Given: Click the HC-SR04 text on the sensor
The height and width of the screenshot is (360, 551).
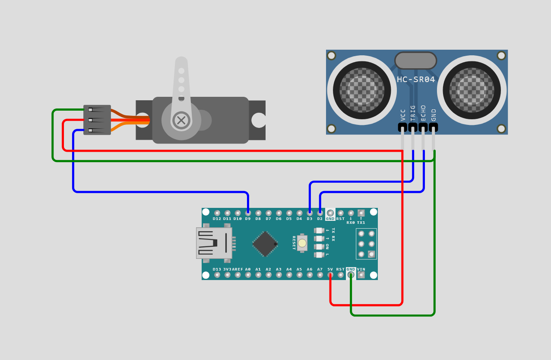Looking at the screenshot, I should coord(416,80).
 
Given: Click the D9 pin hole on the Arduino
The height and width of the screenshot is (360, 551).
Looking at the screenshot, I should coord(248,213).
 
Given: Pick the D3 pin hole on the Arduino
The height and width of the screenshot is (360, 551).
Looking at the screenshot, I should coord(310,213).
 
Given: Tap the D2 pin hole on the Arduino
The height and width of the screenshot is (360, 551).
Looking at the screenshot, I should coord(320,213).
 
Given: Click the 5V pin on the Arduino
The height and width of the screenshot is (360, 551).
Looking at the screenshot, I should coord(330,274).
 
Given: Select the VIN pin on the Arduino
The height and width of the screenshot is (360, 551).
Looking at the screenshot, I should coord(361,274).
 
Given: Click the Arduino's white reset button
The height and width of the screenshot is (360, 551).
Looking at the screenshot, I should coord(302,243).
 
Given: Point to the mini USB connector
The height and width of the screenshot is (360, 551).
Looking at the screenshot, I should coord(214,243).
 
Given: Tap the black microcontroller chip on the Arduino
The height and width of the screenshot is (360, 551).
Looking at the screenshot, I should coord(264,244).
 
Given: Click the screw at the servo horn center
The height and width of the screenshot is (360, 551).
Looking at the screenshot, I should coord(181,120).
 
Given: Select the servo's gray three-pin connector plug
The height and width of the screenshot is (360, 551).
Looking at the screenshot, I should coord(97,120).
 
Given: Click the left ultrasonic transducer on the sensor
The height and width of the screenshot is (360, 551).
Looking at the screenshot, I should coord(362,90).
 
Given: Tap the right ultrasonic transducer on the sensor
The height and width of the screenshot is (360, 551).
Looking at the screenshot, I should coord(472,90).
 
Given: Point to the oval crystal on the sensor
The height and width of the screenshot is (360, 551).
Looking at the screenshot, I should coord(415,61).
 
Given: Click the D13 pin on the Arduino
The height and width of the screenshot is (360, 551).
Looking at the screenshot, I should coord(217,274).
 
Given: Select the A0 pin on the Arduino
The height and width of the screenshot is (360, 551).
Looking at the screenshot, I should coord(248,274).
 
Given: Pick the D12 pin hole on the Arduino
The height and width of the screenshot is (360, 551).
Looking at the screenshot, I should coord(217,213).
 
